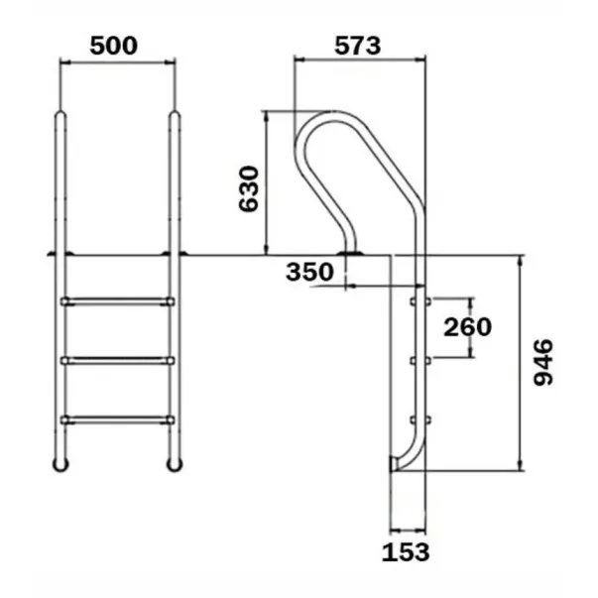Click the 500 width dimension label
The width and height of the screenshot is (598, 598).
coord(112,45)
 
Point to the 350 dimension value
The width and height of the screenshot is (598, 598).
coord(309,272)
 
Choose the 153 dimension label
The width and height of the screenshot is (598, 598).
coord(407,551)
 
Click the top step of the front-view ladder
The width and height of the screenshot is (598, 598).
coord(117,300)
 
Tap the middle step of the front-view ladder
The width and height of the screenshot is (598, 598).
coord(117,359)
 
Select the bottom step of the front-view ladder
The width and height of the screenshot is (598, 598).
coord(117,419)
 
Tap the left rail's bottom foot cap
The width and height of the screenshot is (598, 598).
coord(61,464)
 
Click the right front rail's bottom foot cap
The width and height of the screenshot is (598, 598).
coord(175,464)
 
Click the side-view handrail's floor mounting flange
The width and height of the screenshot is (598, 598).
coord(350,256)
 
